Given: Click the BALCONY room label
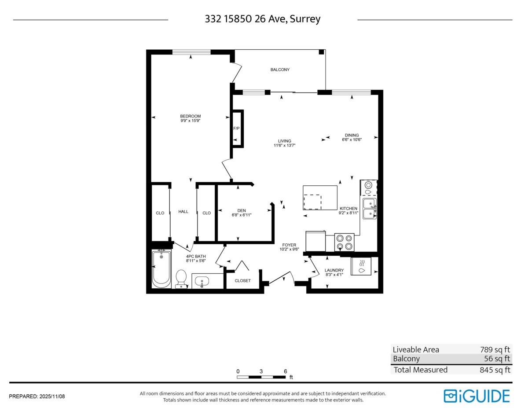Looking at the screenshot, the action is pos(280,70).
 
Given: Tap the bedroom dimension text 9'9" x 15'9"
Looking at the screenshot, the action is pos(190,121).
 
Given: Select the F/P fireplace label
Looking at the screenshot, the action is pos(236,129).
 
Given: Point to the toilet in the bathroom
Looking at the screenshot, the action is pos(181,279).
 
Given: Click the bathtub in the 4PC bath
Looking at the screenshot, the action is pos(161,269).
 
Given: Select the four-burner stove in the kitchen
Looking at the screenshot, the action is pos(344,243).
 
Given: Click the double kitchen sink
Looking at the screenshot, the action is pos(370,209).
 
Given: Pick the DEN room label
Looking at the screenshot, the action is pos(242,210).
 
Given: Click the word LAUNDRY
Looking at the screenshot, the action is pos(334,270).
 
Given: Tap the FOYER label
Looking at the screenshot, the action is pos(289,245).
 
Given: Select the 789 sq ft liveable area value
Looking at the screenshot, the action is pos(495,349).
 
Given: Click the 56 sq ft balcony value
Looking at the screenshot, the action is pos(497,359).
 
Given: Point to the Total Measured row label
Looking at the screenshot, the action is pos(420,370).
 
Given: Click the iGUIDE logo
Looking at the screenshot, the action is pos(477,396).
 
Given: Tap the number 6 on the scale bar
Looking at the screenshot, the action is pos(285,371).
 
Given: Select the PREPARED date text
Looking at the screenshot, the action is pos(37,397).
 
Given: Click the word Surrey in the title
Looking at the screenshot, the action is pos(305,19).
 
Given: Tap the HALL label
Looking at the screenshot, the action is pos(183,212).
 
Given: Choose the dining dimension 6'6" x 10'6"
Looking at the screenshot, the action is pos(352,140).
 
